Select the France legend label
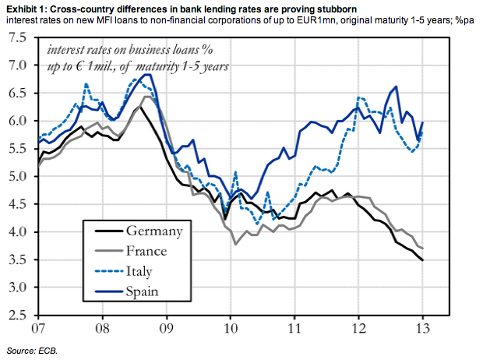tap(152, 251)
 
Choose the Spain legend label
tap(146, 291)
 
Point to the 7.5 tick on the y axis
tap(18, 37)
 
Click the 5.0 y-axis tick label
tap(18, 176)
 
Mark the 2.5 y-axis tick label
tap(18, 316)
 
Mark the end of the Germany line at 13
tap(422, 260)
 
